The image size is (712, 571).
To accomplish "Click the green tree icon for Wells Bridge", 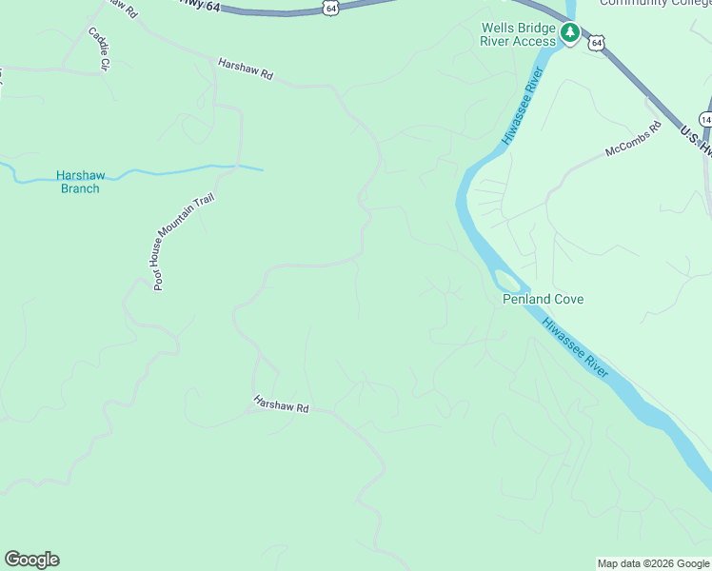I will pos(570,34).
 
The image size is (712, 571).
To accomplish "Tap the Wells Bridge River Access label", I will pos(518,34).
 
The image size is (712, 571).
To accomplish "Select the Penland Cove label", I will pos(543,299).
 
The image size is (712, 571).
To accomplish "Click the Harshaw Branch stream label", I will pos(80,182).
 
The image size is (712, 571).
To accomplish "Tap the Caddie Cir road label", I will pos(99,48).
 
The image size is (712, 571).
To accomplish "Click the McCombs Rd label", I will pos(633,139).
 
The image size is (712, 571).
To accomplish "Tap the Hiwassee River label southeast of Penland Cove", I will pos(575,347).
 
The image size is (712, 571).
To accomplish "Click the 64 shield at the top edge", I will pos(329,8).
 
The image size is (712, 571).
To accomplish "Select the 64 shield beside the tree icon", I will pos(596,43).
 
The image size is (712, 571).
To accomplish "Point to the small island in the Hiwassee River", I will pos(507,280).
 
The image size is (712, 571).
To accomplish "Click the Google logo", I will pos(31,560).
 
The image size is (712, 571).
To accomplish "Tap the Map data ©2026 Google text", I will pos(653,563).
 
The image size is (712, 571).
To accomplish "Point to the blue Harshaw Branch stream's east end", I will pos(260,169).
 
